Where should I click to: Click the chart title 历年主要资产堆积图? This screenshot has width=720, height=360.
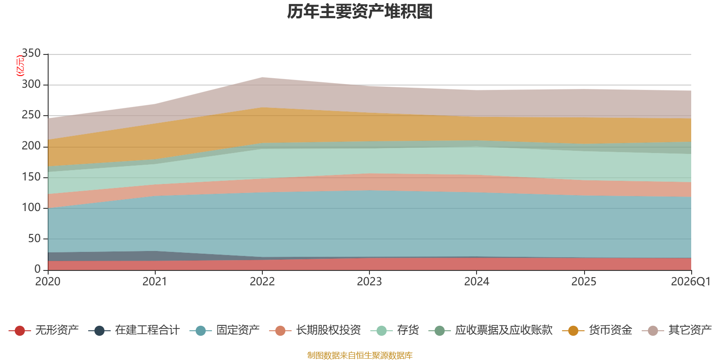pos(360,12)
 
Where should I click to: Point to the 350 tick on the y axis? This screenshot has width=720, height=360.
pos(31,53)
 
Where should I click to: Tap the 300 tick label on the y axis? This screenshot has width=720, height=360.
pos(31,84)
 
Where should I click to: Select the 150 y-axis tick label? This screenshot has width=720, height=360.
pos(31,177)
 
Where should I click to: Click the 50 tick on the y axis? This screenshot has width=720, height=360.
pos(34,238)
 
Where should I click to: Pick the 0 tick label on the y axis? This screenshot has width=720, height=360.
pos(38,269)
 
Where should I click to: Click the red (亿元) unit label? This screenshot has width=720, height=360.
pos(20,65)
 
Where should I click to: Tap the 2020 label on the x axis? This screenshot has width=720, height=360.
pos(48,282)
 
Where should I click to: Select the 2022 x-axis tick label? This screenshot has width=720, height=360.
pos(262,282)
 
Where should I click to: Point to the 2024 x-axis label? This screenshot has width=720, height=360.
pos(477,282)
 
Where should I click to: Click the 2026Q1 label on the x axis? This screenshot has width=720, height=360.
pos(691,282)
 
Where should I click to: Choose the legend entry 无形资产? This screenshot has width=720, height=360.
pos(44,330)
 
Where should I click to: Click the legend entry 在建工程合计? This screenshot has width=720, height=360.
pos(134,330)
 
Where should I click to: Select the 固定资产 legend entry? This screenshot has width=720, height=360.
pos(225,330)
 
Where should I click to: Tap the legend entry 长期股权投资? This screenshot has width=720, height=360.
pos(315,330)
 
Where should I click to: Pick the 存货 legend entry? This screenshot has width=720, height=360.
pos(395,330)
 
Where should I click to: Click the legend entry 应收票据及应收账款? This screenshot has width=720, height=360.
pos(490,330)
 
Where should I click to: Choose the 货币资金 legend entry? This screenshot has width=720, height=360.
pos(597,330)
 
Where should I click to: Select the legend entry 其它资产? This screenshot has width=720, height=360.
pos(677,330)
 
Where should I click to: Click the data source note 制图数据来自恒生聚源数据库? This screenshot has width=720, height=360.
pos(360,355)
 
